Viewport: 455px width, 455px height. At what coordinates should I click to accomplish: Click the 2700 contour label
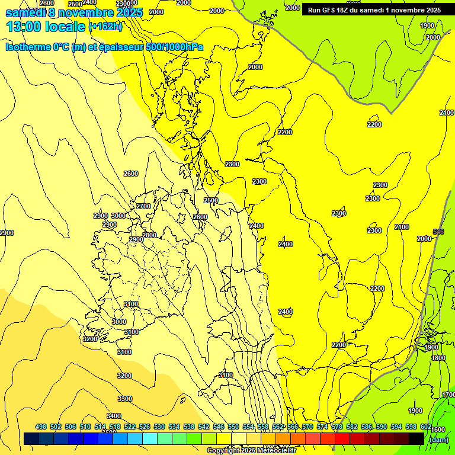tap(143, 206)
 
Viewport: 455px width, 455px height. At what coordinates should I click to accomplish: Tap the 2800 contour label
tap(149, 235)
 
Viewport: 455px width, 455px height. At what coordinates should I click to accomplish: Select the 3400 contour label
tap(114, 416)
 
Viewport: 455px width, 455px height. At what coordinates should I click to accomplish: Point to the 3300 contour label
tap(124, 399)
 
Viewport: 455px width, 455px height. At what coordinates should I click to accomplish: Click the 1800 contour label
tap(438, 358)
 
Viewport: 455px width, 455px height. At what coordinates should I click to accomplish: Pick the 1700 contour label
tap(448, 395)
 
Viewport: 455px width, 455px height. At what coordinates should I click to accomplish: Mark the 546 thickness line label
tap(438, 232)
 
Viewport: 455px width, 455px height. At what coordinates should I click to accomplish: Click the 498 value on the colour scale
tap(41, 427)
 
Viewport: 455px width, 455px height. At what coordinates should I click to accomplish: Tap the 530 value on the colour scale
tap(159, 427)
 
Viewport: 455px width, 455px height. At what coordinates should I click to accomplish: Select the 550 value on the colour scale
tap(233, 427)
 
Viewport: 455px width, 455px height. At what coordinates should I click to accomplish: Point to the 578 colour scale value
tap(337, 427)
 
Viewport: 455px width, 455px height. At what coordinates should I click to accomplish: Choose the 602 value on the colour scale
tap(426, 427)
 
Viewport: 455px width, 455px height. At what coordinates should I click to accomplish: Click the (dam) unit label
tap(438, 440)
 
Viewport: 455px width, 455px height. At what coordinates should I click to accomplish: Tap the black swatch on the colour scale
tap(416, 438)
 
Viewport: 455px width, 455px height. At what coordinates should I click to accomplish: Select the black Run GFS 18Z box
tap(374, 10)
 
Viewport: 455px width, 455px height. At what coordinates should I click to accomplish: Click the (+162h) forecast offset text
tap(105, 27)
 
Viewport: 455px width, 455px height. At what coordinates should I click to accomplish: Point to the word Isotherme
tap(28, 47)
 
